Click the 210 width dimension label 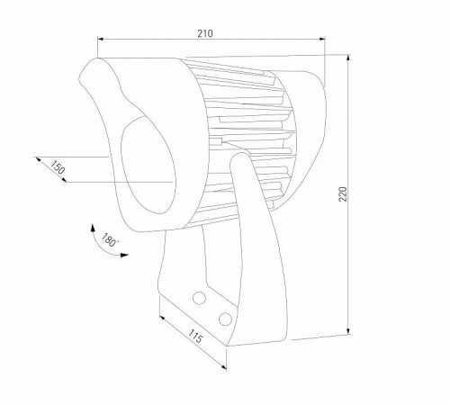click(x=204, y=33)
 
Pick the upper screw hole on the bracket click(x=200, y=298)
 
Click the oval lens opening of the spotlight click(x=144, y=166)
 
